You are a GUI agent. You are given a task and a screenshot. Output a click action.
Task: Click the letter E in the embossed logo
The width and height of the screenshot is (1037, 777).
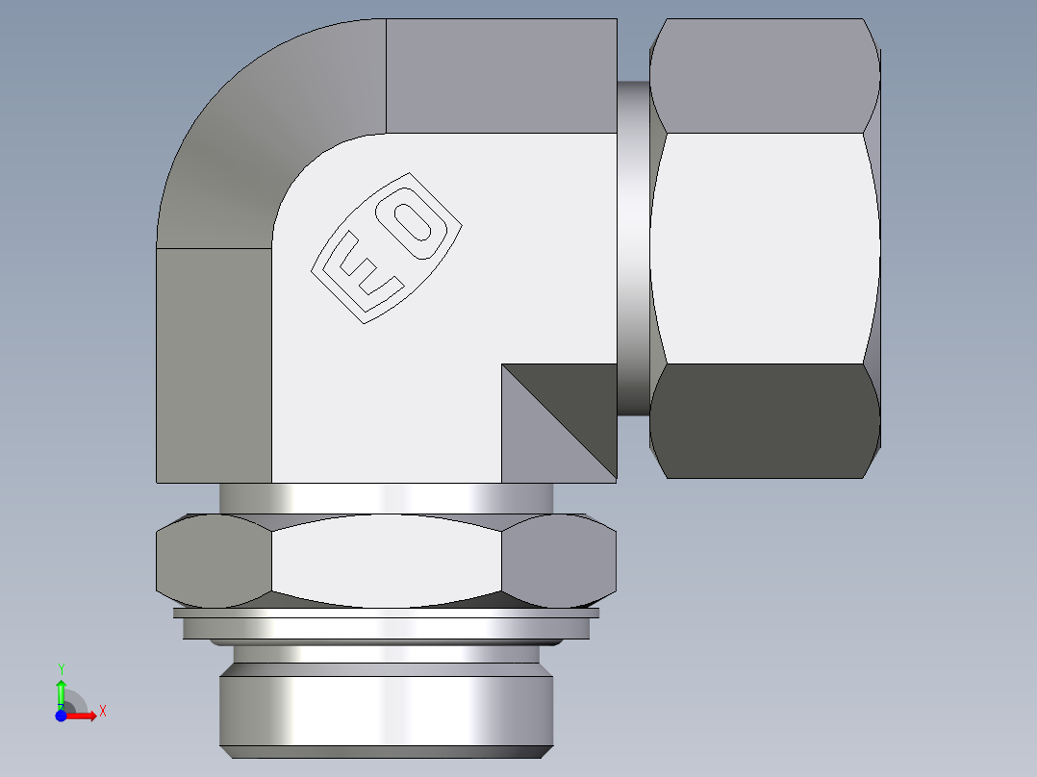click(363, 273)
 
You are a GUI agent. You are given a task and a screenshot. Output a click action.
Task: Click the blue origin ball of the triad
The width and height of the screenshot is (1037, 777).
click(61, 715)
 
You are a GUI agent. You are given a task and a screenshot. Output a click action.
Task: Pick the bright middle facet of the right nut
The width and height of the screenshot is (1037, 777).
click(765, 248)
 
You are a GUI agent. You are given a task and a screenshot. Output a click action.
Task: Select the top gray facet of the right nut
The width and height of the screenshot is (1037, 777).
click(765, 77)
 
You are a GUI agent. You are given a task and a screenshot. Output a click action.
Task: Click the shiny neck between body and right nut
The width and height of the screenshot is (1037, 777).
click(632, 248)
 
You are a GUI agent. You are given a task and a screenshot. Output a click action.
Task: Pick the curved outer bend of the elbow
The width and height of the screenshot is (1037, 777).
click(250, 135)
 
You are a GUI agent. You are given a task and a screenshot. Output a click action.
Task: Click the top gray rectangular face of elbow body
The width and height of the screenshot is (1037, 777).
click(500, 75)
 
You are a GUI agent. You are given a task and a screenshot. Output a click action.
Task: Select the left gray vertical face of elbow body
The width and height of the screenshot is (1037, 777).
click(214, 365)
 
